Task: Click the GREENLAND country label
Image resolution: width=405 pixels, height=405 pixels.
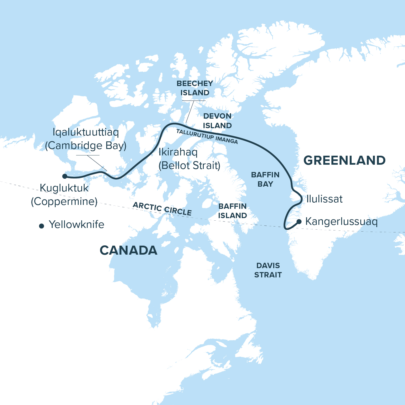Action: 344,160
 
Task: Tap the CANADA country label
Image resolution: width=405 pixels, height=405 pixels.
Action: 128,250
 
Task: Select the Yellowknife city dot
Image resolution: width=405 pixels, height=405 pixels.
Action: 42,226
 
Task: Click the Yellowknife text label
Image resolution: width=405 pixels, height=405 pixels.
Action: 76,225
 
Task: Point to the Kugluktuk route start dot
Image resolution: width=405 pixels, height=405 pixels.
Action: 65,176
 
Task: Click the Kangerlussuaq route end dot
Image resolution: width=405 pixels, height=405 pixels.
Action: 299,222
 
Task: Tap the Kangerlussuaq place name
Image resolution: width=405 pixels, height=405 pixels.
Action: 341,221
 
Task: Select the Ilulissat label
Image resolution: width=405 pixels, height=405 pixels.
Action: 324,199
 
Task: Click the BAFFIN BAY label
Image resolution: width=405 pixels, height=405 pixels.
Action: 265,179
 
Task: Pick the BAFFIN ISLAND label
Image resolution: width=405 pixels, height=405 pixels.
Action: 233,211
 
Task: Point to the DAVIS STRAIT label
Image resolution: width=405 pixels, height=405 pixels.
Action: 268,270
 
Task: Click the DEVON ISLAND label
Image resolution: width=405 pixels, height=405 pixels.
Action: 217,121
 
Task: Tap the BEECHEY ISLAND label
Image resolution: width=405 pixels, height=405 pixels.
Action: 194,88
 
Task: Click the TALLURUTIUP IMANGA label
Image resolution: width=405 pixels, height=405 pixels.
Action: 207,136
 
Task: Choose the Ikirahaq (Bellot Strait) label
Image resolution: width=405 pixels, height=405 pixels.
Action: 189,159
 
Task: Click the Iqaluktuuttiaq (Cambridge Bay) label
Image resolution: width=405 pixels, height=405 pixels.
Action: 86,139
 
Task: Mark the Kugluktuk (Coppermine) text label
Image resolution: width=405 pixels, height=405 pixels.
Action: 64,194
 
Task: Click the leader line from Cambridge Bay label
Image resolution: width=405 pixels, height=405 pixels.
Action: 97,162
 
